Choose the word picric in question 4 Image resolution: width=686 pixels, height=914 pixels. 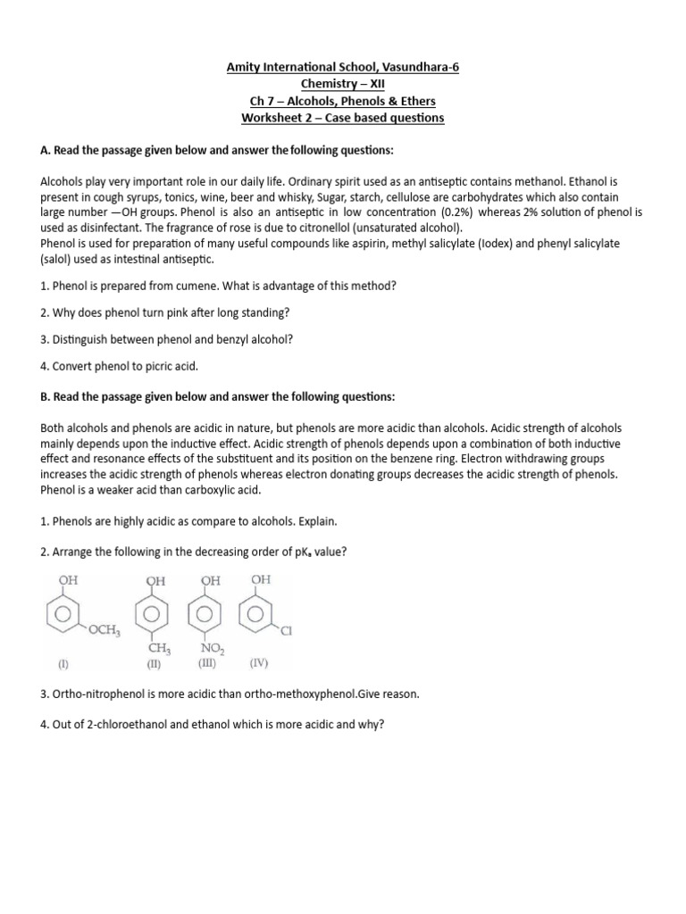point(147,366)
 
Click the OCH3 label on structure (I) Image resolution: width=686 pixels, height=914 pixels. point(104,630)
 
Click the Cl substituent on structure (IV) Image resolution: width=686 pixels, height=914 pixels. point(287,632)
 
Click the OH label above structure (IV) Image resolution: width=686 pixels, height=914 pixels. point(261,580)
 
